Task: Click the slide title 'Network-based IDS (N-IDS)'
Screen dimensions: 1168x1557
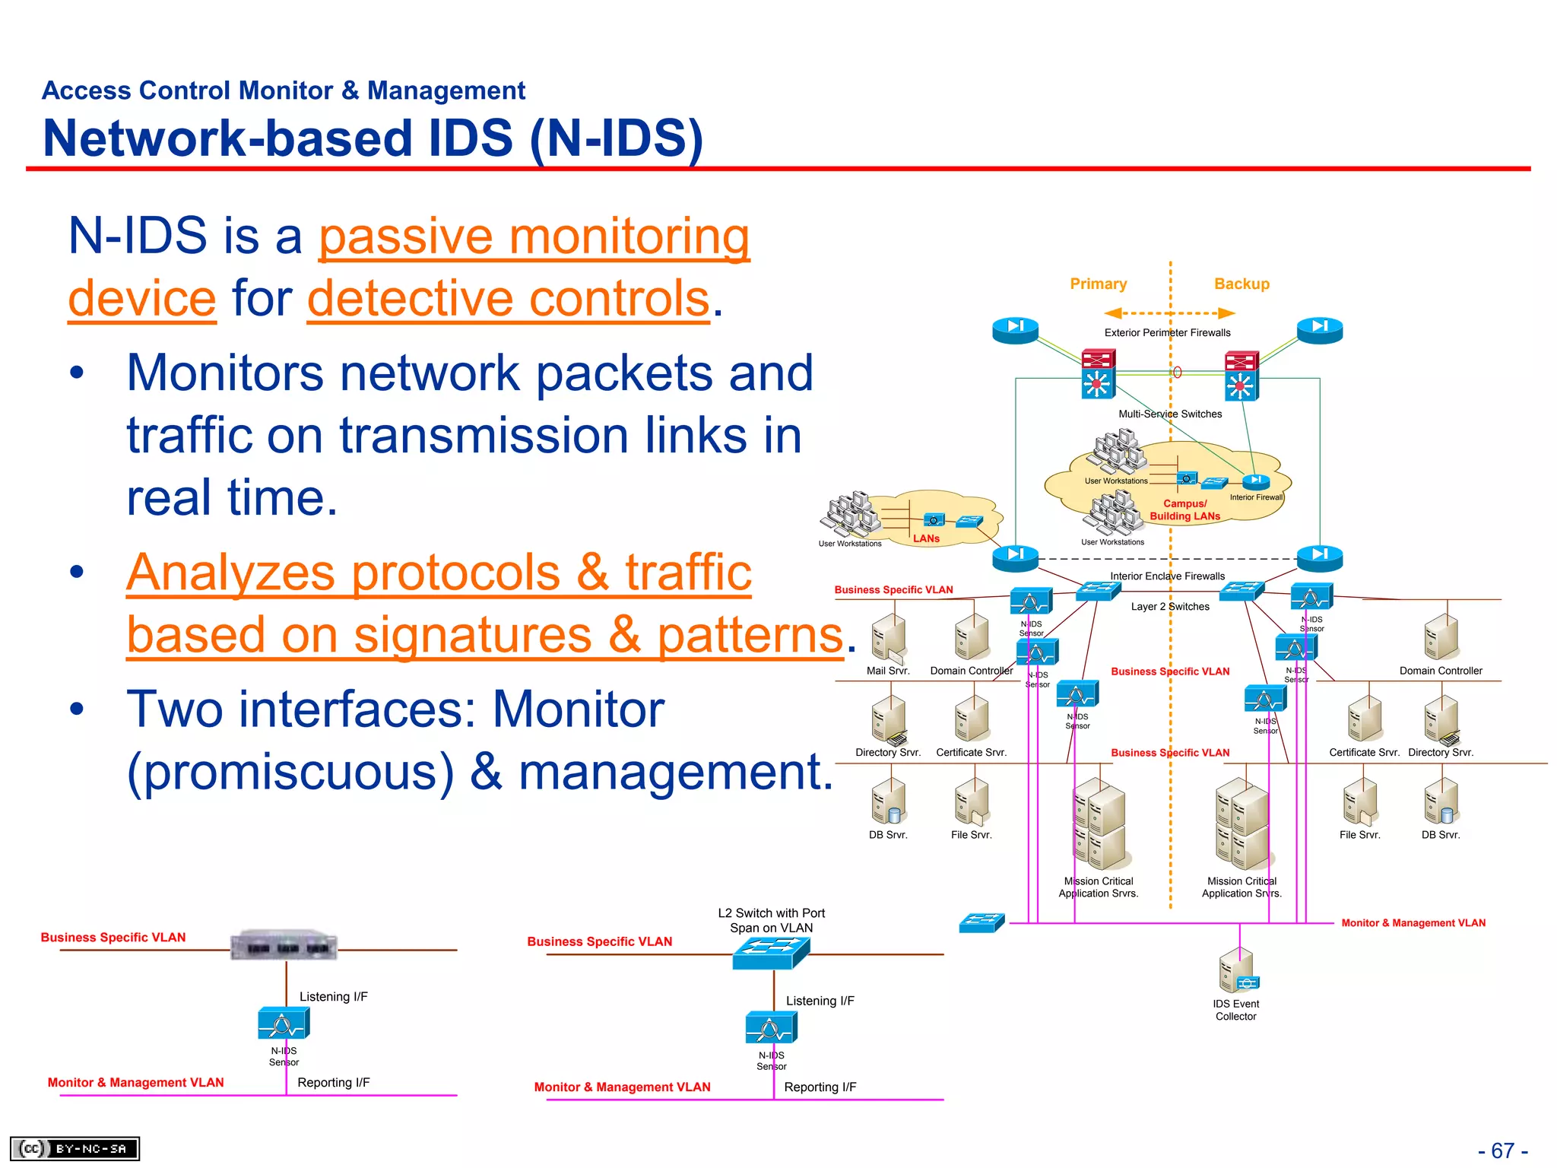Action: click(373, 138)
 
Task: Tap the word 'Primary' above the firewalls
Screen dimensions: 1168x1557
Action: click(1098, 284)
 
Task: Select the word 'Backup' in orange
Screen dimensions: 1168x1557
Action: click(1241, 284)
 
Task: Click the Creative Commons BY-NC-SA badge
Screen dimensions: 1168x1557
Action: click(75, 1147)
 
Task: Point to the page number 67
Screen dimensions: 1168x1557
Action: click(1502, 1150)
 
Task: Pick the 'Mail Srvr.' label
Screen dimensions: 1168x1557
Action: click(887, 671)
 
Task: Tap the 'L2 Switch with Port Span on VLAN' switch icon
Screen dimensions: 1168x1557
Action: click(771, 952)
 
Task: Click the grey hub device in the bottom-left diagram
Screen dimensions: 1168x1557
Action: click(284, 945)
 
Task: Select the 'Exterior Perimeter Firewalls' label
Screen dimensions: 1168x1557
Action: click(1167, 332)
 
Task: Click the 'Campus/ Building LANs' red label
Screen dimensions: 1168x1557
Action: click(1184, 509)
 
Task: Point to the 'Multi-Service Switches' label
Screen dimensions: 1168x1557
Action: click(1169, 414)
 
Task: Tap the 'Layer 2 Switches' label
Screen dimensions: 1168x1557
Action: click(1169, 606)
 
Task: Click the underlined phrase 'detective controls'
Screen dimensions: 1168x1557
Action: click(508, 298)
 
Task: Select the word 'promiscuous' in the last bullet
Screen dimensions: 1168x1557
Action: click(290, 772)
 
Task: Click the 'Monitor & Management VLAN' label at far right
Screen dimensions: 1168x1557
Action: click(1413, 922)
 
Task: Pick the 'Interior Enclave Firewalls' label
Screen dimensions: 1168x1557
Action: click(1167, 576)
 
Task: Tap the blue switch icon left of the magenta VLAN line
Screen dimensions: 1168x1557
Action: click(981, 922)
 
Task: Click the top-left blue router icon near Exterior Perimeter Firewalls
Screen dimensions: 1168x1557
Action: click(1015, 330)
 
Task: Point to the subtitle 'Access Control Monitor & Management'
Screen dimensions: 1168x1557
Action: click(283, 90)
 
